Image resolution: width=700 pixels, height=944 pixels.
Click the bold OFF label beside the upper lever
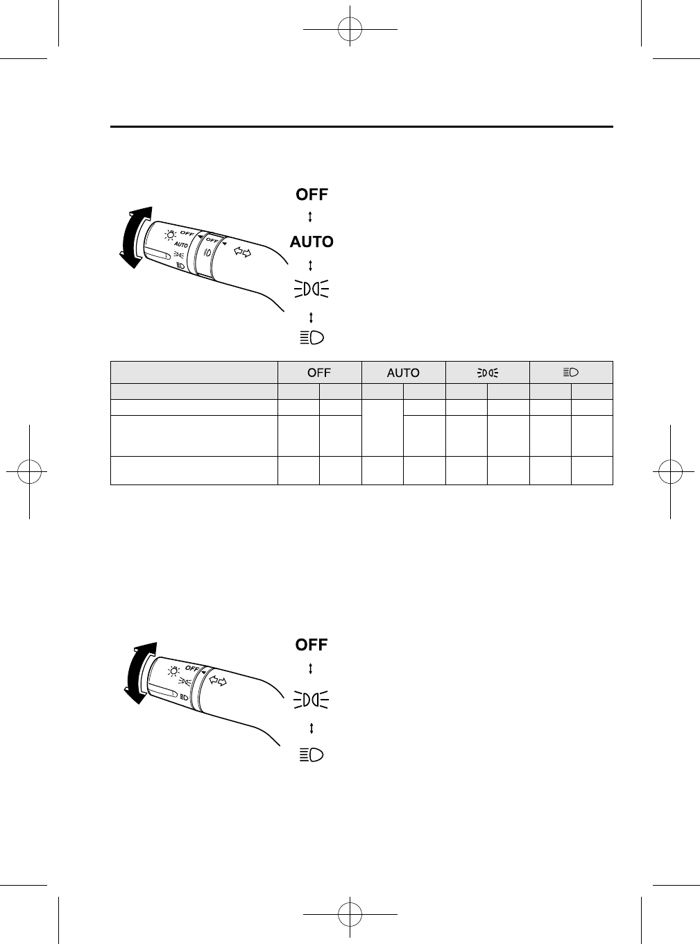click(x=311, y=194)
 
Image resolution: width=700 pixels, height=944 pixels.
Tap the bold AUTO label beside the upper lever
click(x=311, y=242)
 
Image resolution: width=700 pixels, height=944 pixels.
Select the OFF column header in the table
click(x=319, y=373)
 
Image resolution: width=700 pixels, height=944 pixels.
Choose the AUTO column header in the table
click(x=403, y=373)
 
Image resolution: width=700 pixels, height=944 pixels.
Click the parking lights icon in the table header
click(x=487, y=373)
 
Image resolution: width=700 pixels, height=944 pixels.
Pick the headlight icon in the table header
click(x=571, y=373)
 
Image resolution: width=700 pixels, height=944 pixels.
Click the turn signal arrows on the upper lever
click(x=243, y=252)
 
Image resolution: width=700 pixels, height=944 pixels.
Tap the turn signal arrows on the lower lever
click(x=218, y=680)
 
